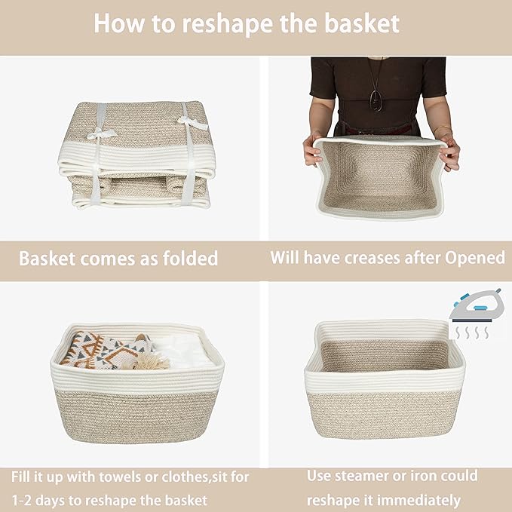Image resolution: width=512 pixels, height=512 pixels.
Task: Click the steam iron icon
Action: tap(475, 305)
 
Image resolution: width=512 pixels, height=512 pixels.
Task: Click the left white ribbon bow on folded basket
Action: tap(101, 133)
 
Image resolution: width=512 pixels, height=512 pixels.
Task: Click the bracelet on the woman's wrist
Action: tap(443, 130)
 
